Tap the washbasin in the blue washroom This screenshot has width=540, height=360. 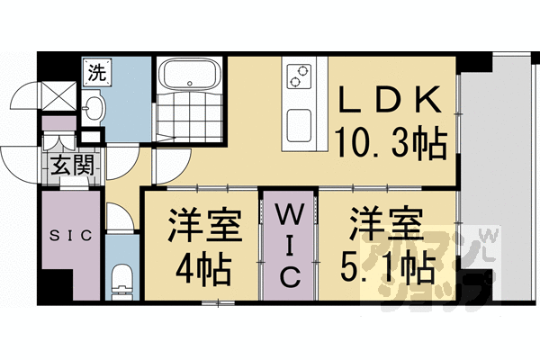point(94,110)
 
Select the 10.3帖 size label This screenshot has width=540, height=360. point(392,140)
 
